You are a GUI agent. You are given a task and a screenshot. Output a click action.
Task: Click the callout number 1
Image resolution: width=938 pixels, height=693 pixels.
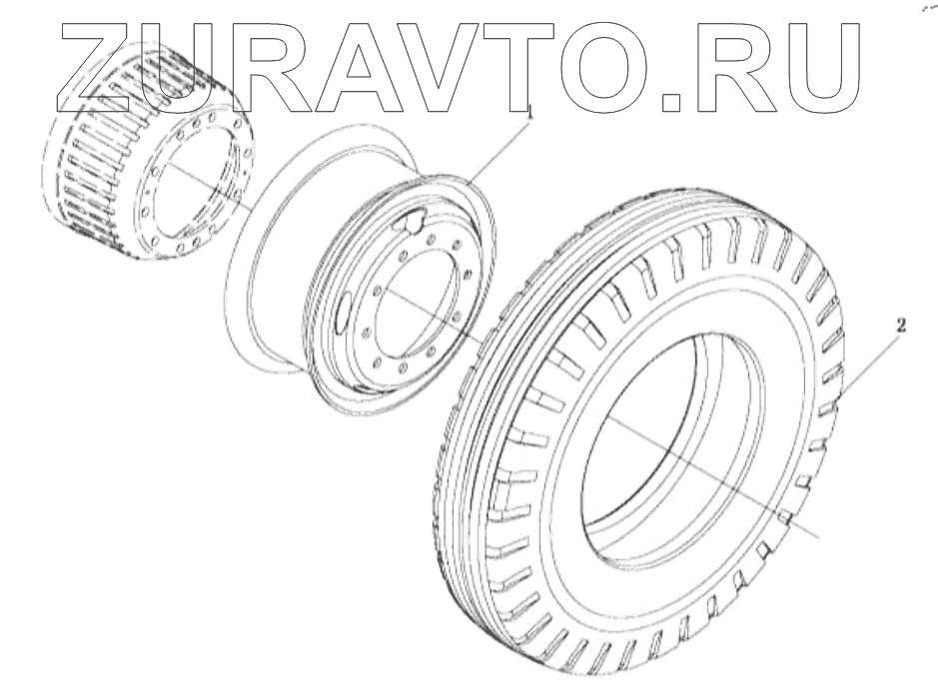click(528, 111)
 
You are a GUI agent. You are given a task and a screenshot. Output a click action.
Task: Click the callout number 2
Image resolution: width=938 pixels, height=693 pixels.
click(901, 326)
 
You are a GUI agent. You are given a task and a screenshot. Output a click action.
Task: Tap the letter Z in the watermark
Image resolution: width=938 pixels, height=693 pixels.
click(98, 68)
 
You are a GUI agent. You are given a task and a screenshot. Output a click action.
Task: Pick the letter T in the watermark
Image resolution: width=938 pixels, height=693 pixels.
click(530, 68)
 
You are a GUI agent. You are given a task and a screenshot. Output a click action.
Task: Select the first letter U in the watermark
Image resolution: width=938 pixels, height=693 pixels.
click(186, 69)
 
